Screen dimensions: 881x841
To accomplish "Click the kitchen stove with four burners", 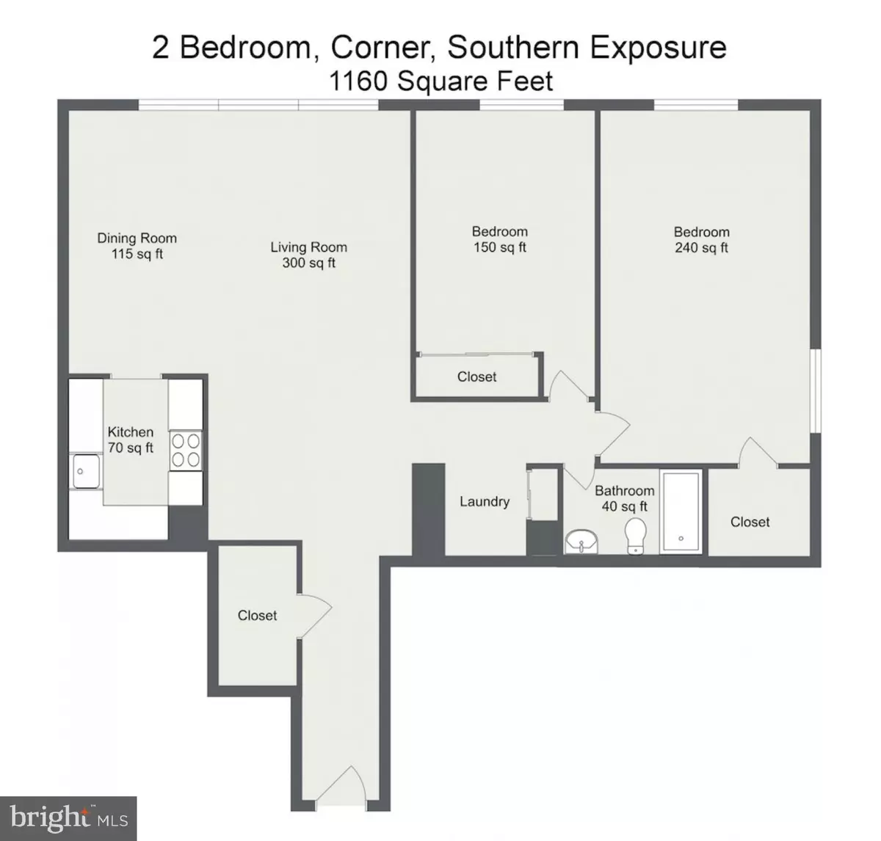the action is coord(186,451).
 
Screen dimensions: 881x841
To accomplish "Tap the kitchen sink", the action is coord(86,471).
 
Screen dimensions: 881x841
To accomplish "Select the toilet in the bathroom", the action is coord(636,536).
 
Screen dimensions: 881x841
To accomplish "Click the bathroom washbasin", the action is coord(581,542).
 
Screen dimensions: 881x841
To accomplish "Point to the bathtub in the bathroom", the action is coord(681,511).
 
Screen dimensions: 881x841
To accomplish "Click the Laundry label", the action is coord(485,501).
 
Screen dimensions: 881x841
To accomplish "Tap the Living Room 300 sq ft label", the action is coord(309,255).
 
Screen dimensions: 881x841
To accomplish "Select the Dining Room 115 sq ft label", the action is coord(137,246).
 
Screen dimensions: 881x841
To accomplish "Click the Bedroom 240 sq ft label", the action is coord(702,240).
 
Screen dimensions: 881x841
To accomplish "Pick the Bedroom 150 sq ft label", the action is coord(500,239).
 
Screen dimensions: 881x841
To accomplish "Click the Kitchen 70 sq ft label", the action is coord(131,440).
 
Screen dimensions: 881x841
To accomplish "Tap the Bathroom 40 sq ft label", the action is coord(625,498).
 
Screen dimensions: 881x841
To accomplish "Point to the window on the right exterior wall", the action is coord(816,390).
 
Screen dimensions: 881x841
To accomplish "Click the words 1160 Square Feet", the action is coord(441,82).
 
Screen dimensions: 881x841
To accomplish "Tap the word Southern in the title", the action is coord(513,48).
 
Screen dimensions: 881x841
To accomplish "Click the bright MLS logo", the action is coord(68,818).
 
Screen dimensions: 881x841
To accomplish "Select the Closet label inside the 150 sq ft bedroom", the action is coord(476,376).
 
